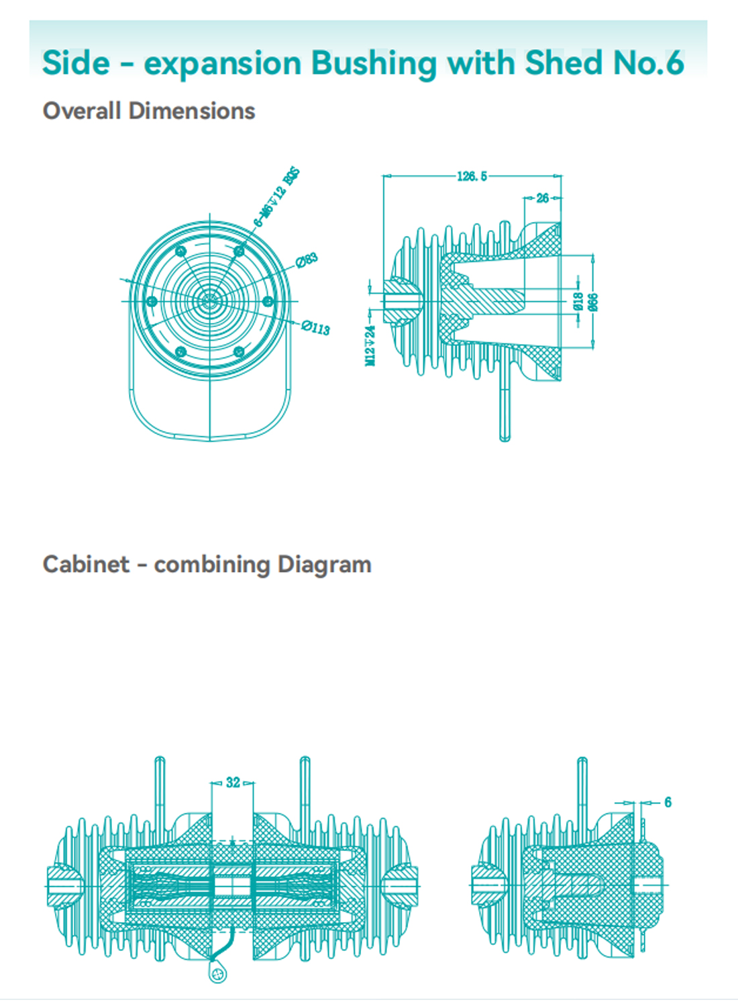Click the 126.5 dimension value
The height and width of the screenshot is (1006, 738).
click(472, 176)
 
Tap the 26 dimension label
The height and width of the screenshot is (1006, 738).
click(543, 198)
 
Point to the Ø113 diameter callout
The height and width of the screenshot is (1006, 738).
click(315, 328)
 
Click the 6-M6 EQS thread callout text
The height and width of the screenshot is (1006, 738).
click(276, 197)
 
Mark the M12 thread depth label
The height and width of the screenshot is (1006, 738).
click(370, 345)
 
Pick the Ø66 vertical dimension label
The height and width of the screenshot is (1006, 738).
click(592, 302)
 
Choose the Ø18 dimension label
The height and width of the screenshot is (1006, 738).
click(578, 301)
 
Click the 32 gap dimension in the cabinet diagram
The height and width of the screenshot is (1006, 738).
click(233, 782)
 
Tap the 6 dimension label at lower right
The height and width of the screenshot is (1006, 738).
click(668, 802)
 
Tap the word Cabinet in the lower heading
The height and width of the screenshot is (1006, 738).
click(86, 564)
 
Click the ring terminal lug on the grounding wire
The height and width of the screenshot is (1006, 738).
click(217, 972)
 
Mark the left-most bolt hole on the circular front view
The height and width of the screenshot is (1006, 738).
click(152, 302)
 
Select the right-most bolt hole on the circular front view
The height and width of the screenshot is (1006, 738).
click(268, 301)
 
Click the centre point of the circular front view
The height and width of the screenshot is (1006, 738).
click(210, 301)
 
